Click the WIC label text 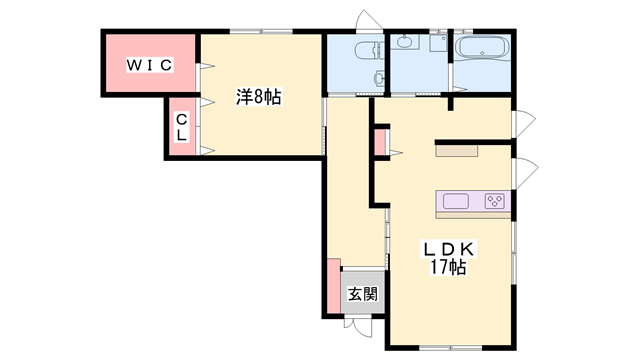tap(149, 65)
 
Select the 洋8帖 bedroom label tap(258, 97)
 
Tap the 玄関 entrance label tap(362, 294)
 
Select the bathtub tap(483, 49)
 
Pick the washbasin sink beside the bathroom tap(405, 42)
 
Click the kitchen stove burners tap(495, 202)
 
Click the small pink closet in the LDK tap(380, 142)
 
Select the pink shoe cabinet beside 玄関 tap(331, 287)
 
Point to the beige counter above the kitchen tap(457, 151)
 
